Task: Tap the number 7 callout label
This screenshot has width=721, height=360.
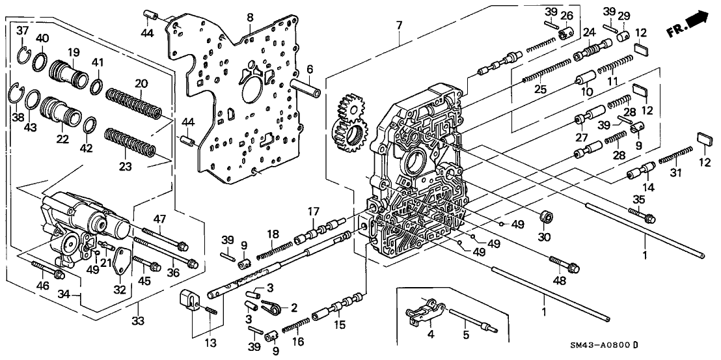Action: pos(399,25)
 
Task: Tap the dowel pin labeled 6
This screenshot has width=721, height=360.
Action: pos(306,87)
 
